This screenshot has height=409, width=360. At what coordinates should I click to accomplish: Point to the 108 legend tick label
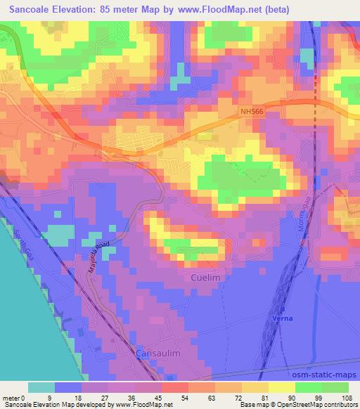[347, 398]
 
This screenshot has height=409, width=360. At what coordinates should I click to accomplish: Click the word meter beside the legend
[12, 398]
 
